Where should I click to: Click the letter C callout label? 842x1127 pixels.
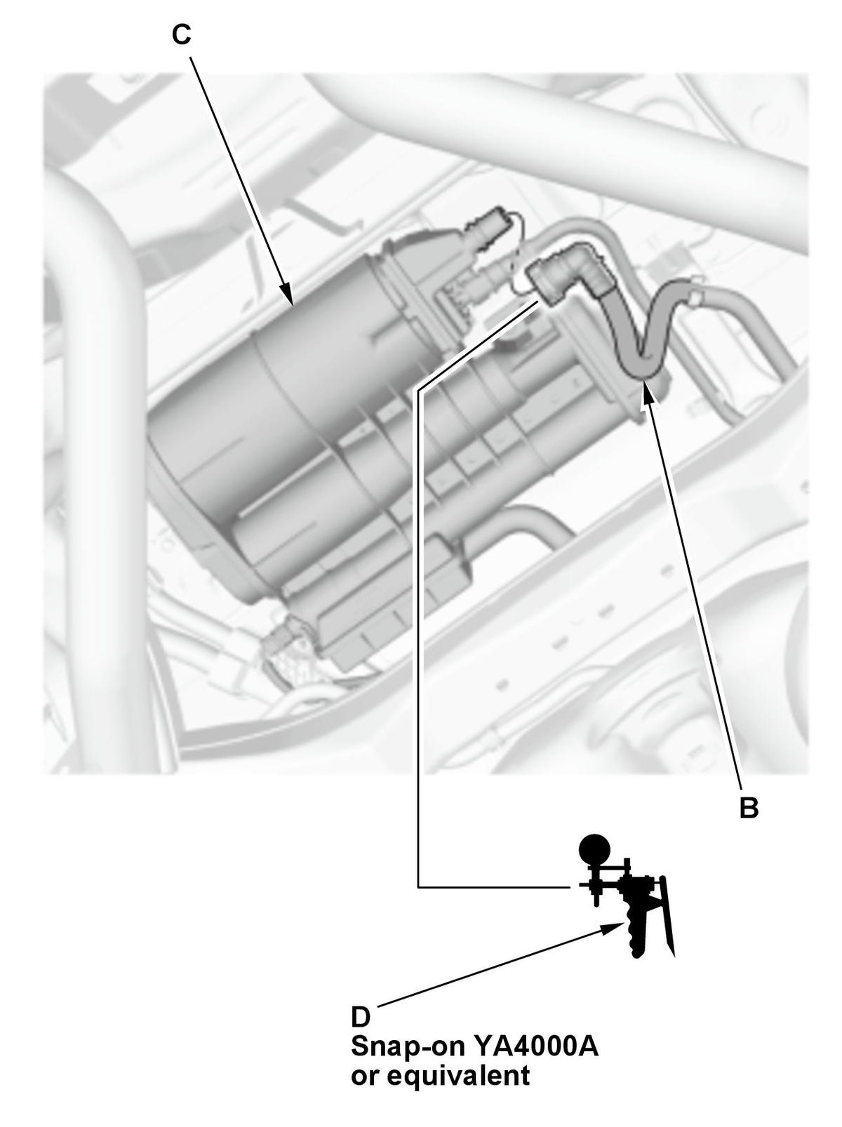pos(181,35)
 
